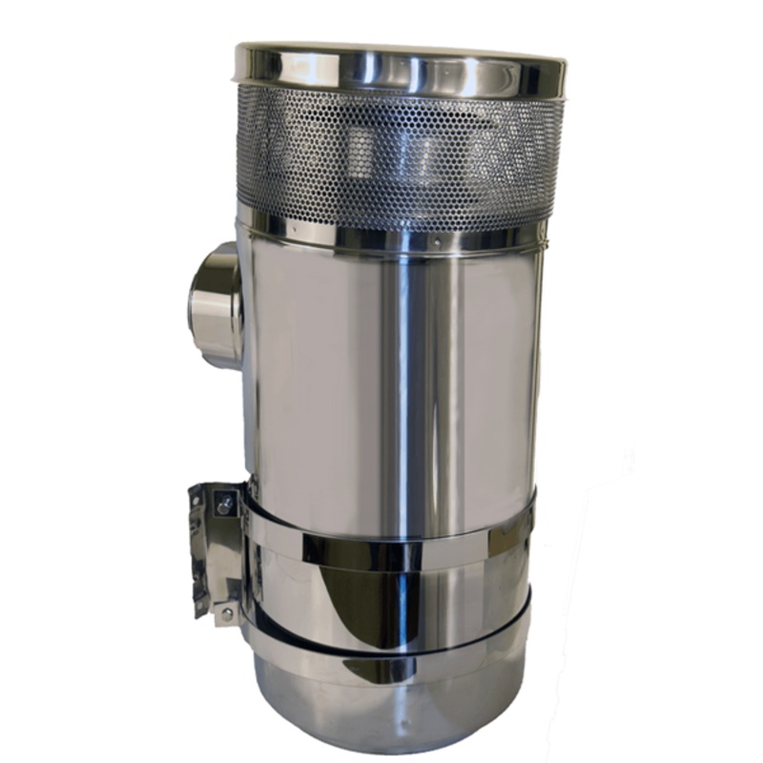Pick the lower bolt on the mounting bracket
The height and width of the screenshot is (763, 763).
click(x=225, y=611)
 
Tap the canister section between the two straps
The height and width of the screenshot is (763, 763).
click(x=458, y=601)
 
